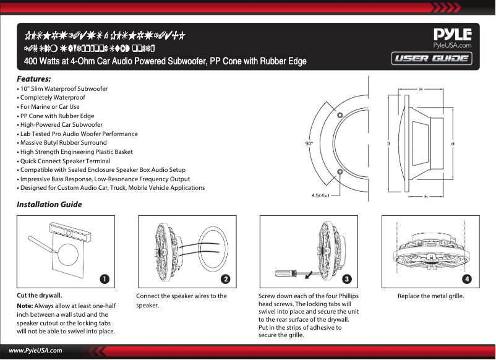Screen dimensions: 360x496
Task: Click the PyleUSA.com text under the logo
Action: click(x=453, y=45)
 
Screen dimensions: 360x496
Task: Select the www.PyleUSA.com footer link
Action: click(x=35, y=350)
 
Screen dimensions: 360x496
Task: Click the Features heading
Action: click(x=33, y=79)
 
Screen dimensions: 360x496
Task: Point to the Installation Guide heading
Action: click(x=49, y=205)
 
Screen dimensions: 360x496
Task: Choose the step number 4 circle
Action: click(x=467, y=279)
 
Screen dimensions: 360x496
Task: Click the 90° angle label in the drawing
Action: click(x=309, y=143)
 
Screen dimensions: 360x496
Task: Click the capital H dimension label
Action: click(x=421, y=88)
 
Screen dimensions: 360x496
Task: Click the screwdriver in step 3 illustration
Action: click(x=291, y=272)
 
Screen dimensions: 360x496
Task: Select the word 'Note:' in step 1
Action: click(x=25, y=306)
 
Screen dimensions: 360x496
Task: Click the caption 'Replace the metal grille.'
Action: click(x=430, y=296)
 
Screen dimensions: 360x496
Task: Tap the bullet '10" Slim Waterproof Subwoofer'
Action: click(x=64, y=89)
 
